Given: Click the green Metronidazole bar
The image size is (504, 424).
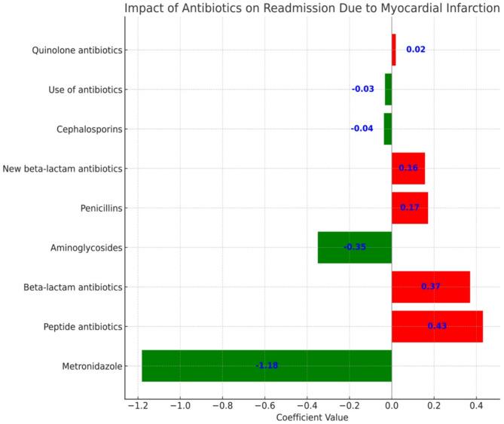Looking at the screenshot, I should pyautogui.click(x=226, y=366).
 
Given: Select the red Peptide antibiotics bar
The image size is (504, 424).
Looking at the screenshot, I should pyautogui.click(x=437, y=326).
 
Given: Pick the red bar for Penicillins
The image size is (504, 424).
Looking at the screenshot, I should pyautogui.click(x=410, y=208).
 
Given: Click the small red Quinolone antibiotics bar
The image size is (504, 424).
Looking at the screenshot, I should pyautogui.click(x=393, y=50).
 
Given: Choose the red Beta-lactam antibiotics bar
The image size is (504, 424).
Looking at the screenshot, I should pyautogui.click(x=430, y=287).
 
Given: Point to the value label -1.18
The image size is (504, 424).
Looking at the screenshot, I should pyautogui.click(x=267, y=366).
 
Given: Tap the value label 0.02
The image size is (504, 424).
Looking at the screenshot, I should pyautogui.click(x=416, y=50).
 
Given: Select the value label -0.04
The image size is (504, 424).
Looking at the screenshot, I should pyautogui.click(x=362, y=129).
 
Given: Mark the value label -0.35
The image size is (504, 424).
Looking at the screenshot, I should pyautogui.click(x=355, y=247).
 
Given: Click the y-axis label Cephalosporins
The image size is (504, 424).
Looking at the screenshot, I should pyautogui.click(x=89, y=129).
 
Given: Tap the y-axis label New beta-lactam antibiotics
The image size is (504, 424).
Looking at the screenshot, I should pyautogui.click(x=63, y=169).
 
